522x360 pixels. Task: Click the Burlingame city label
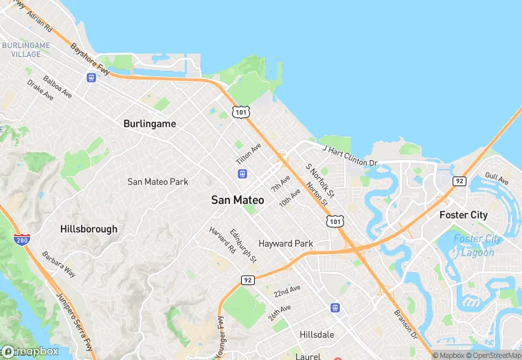(x=150, y=124)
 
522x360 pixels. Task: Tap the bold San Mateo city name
(x=237, y=200)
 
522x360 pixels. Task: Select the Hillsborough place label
(x=89, y=229)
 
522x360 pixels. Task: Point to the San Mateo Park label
(x=158, y=181)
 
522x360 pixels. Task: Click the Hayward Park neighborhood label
(x=286, y=243)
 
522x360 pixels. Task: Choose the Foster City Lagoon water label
(x=477, y=246)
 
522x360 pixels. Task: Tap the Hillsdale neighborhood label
(x=317, y=334)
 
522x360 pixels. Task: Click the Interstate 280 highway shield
(x=21, y=239)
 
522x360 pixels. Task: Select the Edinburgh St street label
(x=243, y=245)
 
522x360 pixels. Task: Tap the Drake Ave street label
(x=40, y=90)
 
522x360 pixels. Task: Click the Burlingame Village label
(x=25, y=49)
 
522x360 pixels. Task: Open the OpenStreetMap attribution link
(x=491, y=355)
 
